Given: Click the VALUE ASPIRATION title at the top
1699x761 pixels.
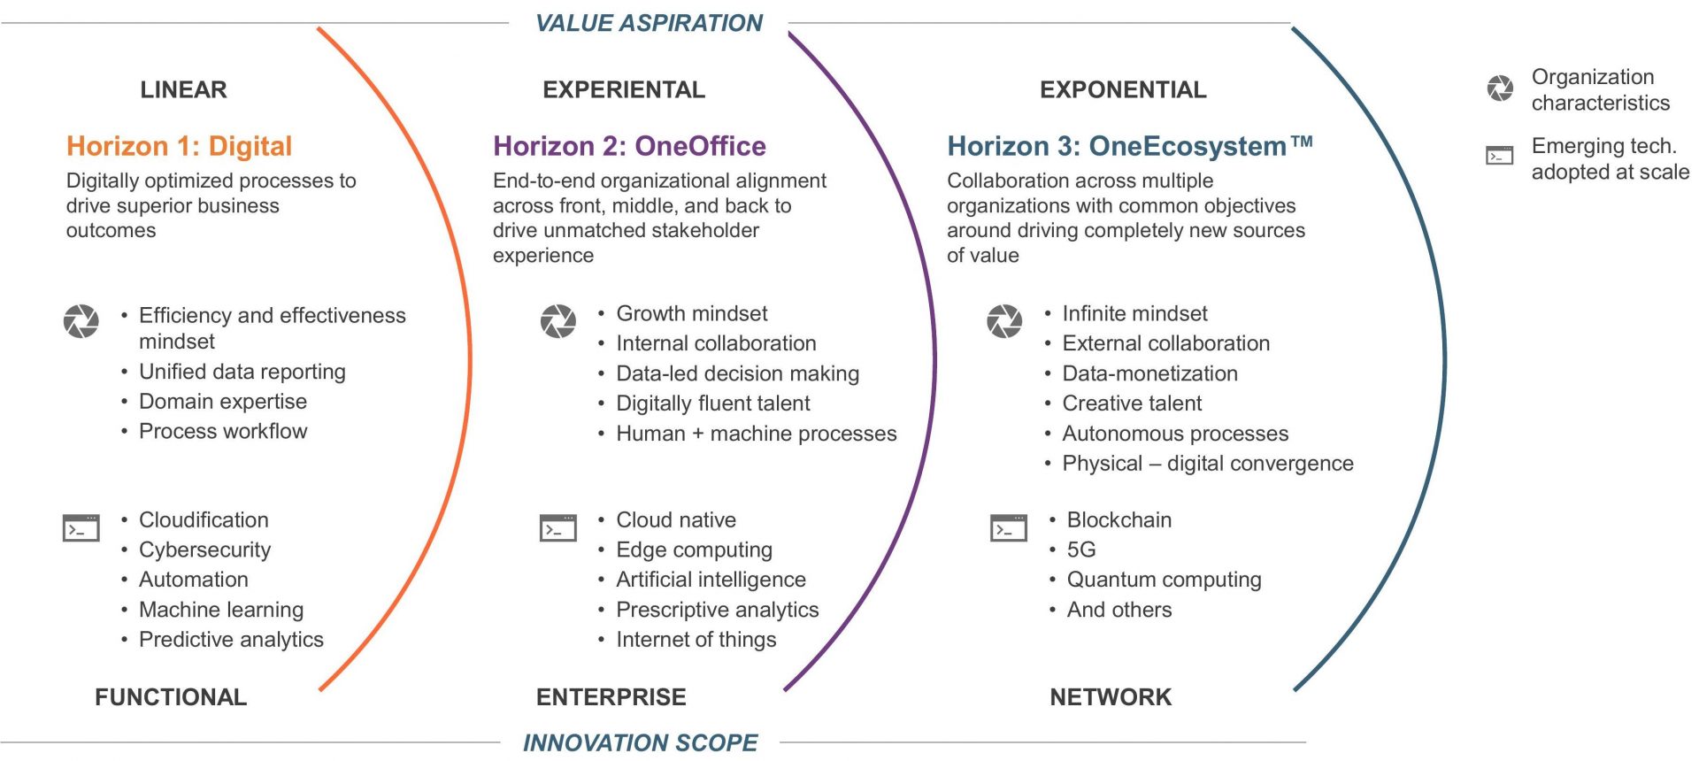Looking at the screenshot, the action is pos(649,23).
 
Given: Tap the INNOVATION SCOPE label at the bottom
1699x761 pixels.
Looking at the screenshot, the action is pos(640,742).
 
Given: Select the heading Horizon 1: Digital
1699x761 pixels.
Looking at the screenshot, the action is pos(180,146).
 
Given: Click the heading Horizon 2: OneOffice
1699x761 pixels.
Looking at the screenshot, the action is pos(629,146).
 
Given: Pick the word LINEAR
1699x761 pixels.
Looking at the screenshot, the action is pos(183,89).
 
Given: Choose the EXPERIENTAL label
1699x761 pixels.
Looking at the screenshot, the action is pos(624,89).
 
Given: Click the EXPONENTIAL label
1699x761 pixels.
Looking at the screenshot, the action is pos(1123,89).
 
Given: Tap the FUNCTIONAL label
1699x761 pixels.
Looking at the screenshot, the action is pos(171,697).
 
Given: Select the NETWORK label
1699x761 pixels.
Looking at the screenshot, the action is pos(1111,697).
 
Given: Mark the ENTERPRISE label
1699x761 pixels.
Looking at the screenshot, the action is pos(611,697).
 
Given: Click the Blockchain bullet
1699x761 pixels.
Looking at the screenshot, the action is pos(1119,519).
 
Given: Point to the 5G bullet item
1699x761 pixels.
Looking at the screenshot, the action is pos(1081,550).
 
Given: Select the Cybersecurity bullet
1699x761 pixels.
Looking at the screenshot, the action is pos(205,550).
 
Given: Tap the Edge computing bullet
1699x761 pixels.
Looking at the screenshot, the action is pos(695,550).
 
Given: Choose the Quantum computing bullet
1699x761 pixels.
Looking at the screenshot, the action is pos(1165,580).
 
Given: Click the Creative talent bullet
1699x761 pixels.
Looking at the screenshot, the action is pos(1132,404).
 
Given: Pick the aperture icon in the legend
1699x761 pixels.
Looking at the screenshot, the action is pos(1500,88).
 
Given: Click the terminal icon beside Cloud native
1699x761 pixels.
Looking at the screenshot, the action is pos(558,527).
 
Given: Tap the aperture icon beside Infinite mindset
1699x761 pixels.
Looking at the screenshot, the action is pos(1004,321).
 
